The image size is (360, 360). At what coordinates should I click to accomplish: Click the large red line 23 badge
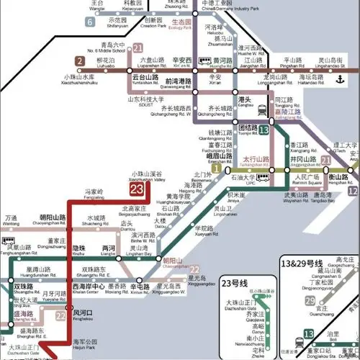pos(136,190)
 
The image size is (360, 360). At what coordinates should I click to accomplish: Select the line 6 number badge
pos(90,22)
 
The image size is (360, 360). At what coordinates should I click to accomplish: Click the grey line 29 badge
pos(310,301)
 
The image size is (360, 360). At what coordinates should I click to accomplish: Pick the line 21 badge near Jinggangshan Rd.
pos(326,160)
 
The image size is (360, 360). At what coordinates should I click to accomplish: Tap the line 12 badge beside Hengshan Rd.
pos(353,191)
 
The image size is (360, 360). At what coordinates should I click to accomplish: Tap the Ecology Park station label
pos(179,27)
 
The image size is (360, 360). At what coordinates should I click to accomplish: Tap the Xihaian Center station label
pos(86,290)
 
